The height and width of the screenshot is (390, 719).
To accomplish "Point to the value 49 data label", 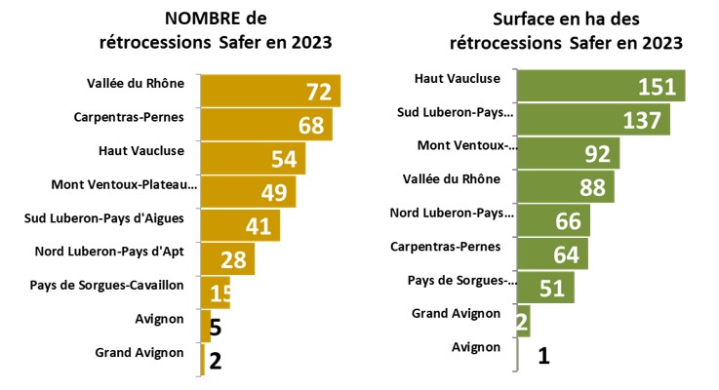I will (274, 192).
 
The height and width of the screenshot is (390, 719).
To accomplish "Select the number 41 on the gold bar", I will (259, 226).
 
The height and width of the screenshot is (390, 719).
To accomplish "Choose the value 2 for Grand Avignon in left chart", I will (216, 360).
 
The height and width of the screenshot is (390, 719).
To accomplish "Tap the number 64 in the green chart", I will (566, 254).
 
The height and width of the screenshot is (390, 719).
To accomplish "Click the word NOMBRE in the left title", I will (201, 19).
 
